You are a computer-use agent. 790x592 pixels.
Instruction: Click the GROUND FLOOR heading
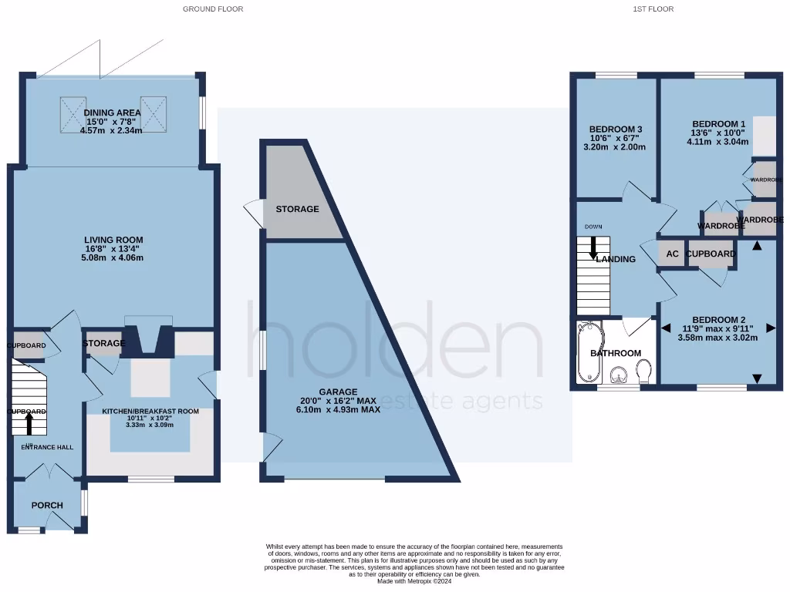pyautogui.click(x=213, y=9)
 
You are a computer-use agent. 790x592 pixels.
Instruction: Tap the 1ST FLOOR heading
pyautogui.click(x=653, y=9)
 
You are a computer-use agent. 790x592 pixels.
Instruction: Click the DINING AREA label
pyautogui.click(x=112, y=113)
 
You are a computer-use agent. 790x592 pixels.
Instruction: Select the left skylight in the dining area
pyautogui.click(x=73, y=112)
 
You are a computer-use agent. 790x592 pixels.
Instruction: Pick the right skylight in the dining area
pyautogui.click(x=154, y=112)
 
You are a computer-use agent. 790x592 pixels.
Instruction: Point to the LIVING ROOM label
pyautogui.click(x=114, y=240)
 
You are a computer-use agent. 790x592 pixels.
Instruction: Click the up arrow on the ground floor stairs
pyautogui.click(x=30, y=422)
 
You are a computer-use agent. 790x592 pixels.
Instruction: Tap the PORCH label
pyautogui.click(x=47, y=505)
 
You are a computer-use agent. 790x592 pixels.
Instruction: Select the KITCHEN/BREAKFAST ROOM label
pyautogui.click(x=150, y=412)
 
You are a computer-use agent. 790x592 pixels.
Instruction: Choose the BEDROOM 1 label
pyautogui.click(x=718, y=123)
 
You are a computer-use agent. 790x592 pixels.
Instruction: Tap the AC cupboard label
pyautogui.click(x=672, y=254)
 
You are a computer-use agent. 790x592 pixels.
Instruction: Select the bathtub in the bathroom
pyautogui.click(x=586, y=353)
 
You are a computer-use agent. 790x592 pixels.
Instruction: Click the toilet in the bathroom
pyautogui.click(x=645, y=373)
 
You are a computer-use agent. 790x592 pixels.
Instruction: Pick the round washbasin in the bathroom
pyautogui.click(x=617, y=375)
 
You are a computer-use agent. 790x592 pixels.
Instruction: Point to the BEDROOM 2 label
pyautogui.click(x=718, y=320)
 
